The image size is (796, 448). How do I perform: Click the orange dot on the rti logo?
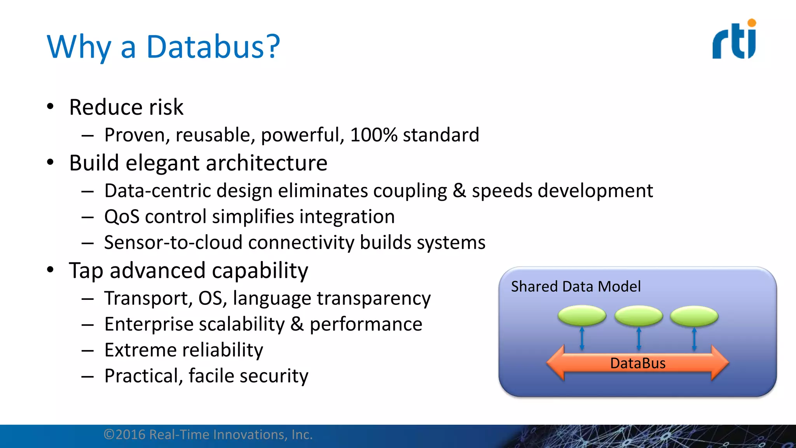(752, 23)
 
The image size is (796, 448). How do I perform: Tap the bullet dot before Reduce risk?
(50, 107)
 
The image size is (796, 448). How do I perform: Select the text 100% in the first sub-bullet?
(373, 135)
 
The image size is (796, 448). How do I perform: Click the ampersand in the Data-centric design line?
(459, 191)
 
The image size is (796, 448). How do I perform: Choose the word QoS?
(122, 217)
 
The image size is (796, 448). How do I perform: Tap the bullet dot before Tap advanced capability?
(50, 270)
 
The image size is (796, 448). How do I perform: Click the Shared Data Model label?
(575, 287)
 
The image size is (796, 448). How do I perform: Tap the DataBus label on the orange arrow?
(637, 363)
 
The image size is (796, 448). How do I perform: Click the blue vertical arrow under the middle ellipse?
(639, 338)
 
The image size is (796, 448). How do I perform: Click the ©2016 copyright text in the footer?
(208, 435)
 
